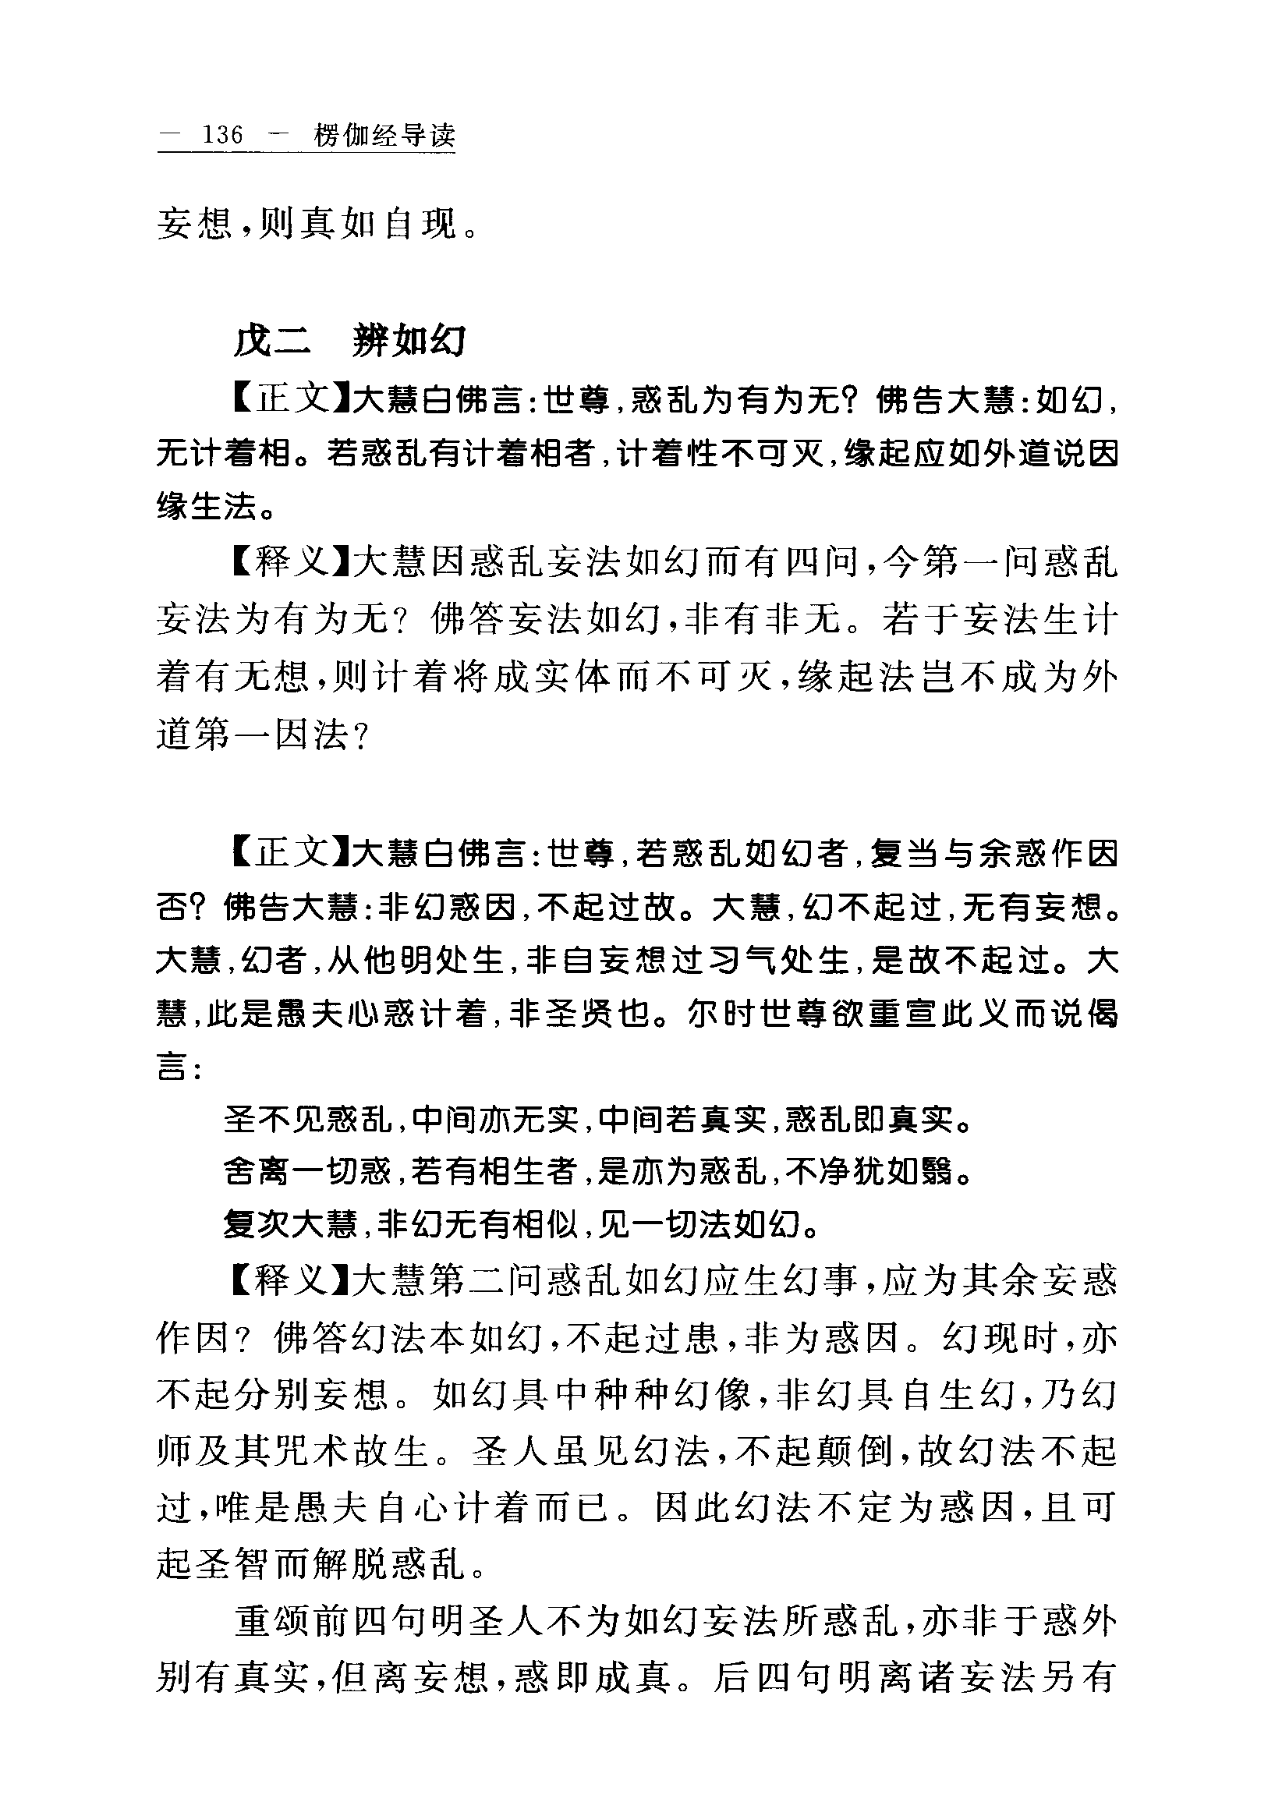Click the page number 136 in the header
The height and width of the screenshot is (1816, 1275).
coord(222,135)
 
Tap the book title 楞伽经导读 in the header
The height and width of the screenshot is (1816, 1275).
coord(384,135)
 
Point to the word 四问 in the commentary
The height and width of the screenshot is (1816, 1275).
coord(822,562)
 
